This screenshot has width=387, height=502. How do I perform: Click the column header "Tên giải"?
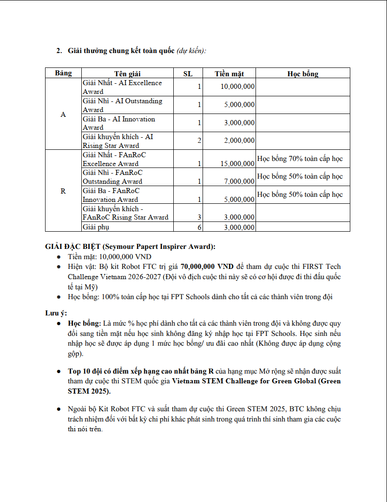[x=127, y=74]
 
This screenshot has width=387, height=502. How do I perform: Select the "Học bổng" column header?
[x=302, y=74]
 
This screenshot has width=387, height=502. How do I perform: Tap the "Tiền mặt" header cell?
[x=229, y=74]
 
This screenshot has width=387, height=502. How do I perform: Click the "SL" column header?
[x=188, y=74]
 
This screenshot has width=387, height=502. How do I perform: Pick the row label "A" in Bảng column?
[x=63, y=114]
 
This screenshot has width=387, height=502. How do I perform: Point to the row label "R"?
[x=63, y=191]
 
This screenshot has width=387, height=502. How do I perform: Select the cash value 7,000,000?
[x=239, y=181]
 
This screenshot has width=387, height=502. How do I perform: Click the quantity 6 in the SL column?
[x=200, y=227]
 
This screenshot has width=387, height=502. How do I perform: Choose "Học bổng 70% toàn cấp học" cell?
[x=300, y=159]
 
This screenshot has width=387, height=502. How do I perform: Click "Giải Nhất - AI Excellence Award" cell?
[x=122, y=87]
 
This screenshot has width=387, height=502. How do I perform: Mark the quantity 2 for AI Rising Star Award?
[x=200, y=140]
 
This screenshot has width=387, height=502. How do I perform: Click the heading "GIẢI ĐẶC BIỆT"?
[x=72, y=247]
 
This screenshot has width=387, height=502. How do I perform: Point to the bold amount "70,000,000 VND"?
[x=207, y=267]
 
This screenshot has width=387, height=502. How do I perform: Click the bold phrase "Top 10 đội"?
[x=87, y=371]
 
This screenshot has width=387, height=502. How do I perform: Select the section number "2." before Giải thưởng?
[x=59, y=50]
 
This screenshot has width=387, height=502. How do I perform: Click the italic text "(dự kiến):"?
[x=191, y=50]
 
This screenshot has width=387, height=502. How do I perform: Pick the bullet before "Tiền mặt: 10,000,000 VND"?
[x=58, y=257]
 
